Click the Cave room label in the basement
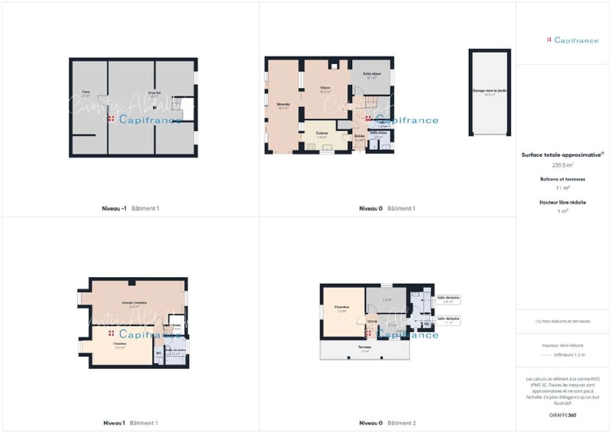86,92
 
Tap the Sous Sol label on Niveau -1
154,93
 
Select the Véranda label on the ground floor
283,104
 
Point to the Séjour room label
325,88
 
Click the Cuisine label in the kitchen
322,133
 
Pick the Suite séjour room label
372,74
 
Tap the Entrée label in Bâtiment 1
359,136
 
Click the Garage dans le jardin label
490,91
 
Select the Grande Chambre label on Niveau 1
134,303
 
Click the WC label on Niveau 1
159,353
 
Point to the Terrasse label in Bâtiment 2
365,347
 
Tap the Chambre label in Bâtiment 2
341,307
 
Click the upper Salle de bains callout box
448,300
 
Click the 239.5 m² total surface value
563,165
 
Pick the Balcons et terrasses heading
563,179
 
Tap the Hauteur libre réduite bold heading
563,202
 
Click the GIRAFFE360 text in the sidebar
563,415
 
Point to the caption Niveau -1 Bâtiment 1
131,209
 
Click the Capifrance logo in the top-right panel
573,40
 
